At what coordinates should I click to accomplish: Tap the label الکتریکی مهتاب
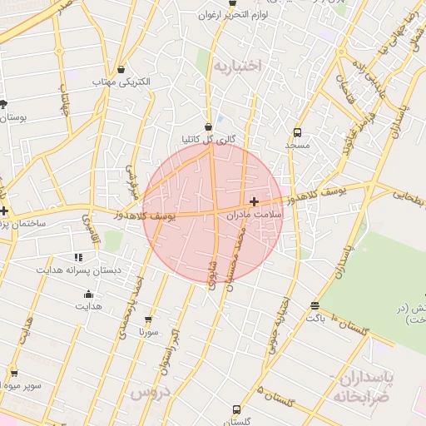128,82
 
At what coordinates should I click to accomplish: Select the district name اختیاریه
237,65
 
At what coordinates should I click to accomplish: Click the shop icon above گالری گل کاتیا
208,126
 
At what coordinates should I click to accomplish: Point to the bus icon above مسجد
297,132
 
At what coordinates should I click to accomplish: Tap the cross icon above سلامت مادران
254,201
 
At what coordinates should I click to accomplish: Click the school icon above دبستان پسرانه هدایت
78,258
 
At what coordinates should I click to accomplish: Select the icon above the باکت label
314,305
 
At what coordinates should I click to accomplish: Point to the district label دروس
151,390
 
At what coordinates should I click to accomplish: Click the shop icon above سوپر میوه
13,372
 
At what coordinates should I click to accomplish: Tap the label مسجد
297,145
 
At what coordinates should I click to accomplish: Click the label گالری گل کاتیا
208,139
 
